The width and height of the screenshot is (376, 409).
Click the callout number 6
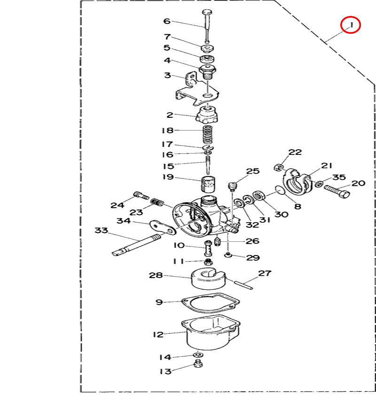click(166, 21)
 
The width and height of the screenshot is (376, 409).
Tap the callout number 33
click(101, 231)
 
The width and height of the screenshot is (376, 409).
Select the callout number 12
click(158, 335)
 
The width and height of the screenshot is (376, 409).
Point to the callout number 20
click(358, 183)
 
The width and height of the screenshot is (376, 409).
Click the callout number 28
click(156, 275)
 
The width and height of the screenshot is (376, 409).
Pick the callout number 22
click(295, 152)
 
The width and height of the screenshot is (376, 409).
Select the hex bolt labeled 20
click(337, 192)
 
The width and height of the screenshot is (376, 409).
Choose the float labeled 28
click(207, 278)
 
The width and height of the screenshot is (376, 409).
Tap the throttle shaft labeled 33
click(136, 245)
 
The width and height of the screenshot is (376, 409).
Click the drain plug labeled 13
click(198, 364)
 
